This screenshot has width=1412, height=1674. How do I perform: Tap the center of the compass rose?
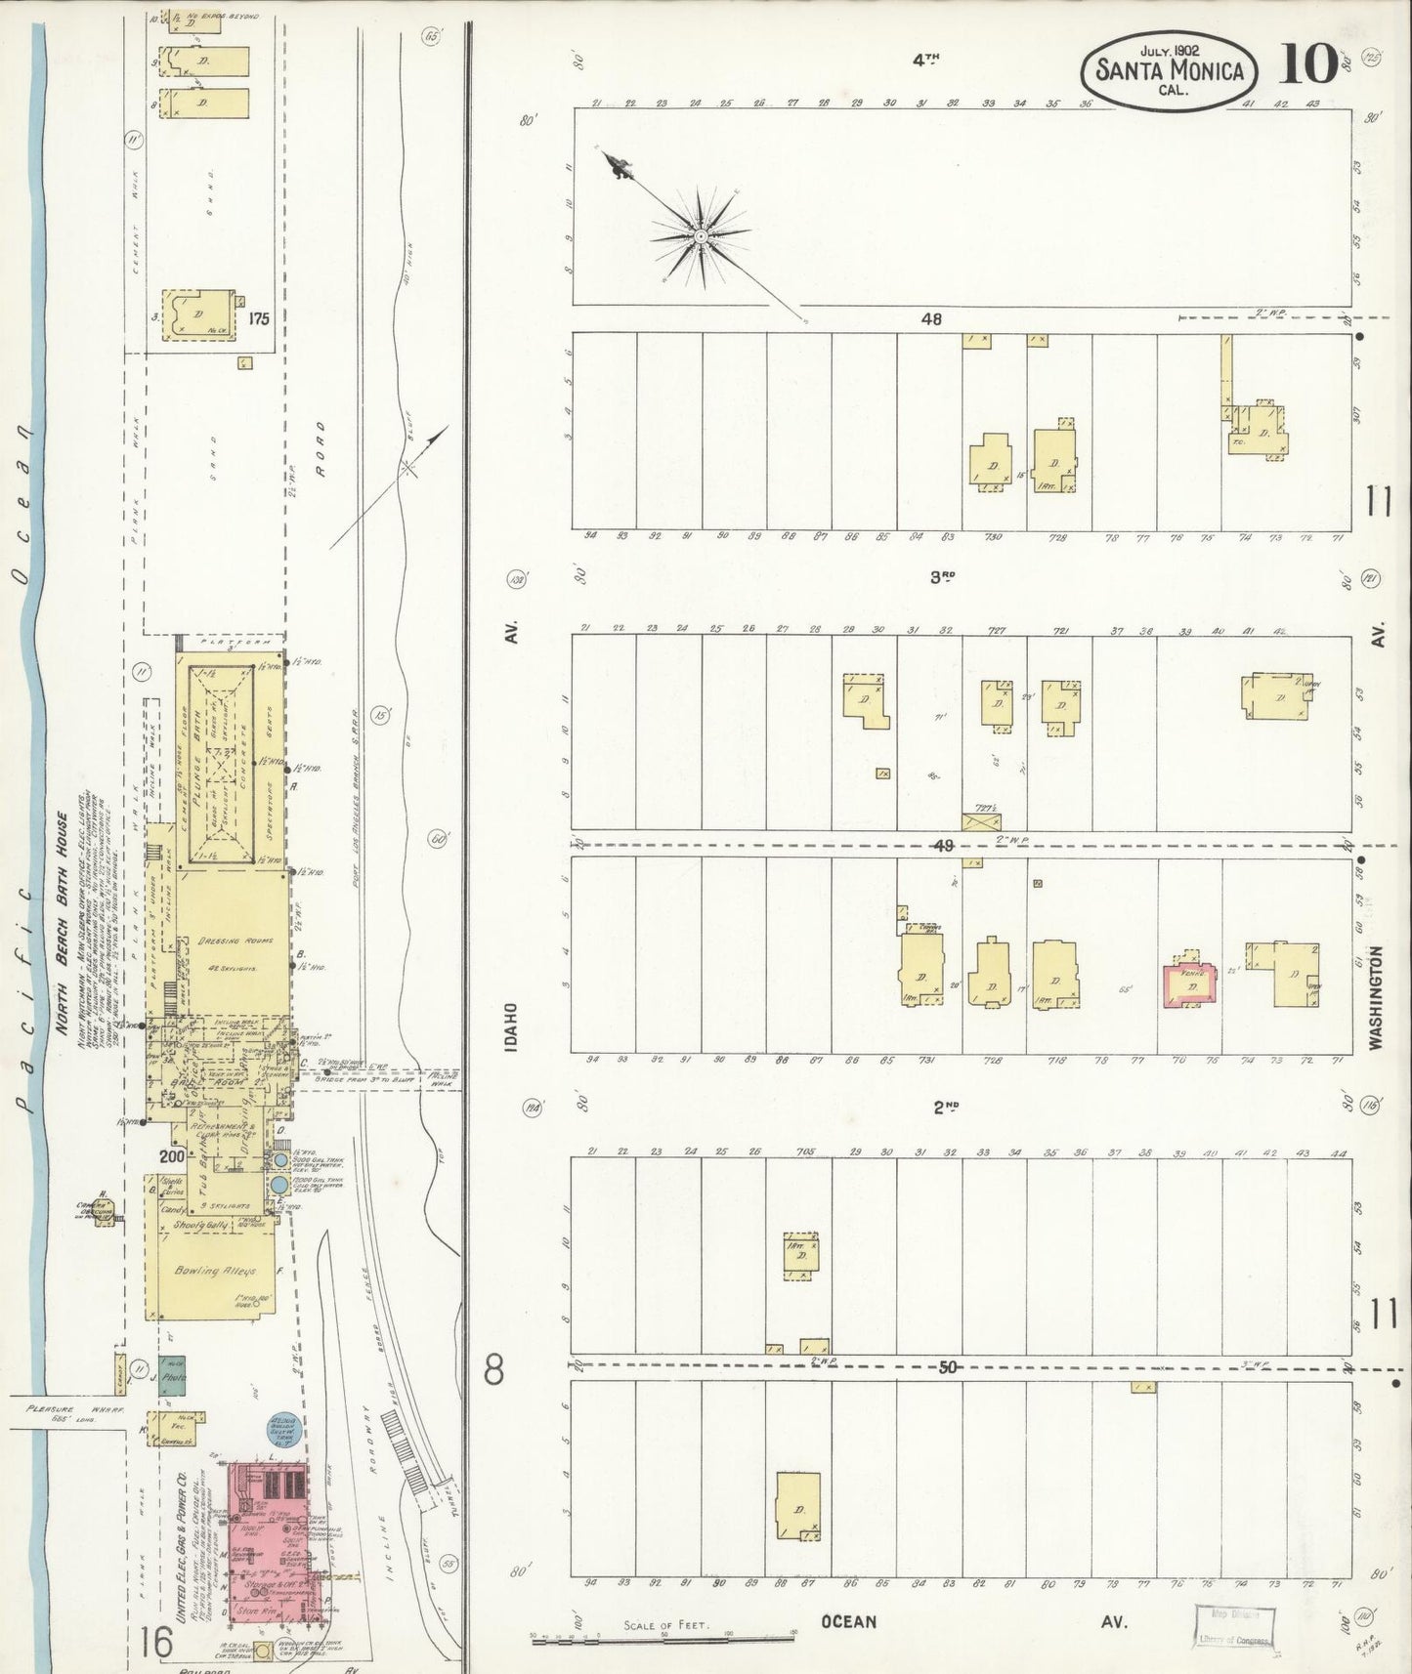(701, 235)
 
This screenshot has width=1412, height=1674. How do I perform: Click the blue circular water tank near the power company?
(281, 1427)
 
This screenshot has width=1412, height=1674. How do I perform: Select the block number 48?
(931, 318)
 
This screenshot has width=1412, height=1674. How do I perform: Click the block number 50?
(947, 1368)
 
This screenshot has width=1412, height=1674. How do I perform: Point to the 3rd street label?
(941, 577)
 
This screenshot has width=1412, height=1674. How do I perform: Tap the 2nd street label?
(945, 1107)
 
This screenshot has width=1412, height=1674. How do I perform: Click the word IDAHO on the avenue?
(512, 1025)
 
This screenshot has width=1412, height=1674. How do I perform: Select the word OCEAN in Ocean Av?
(848, 1621)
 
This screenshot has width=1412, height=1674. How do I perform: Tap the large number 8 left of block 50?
(494, 1370)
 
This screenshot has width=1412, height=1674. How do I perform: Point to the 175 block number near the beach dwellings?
(260, 317)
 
